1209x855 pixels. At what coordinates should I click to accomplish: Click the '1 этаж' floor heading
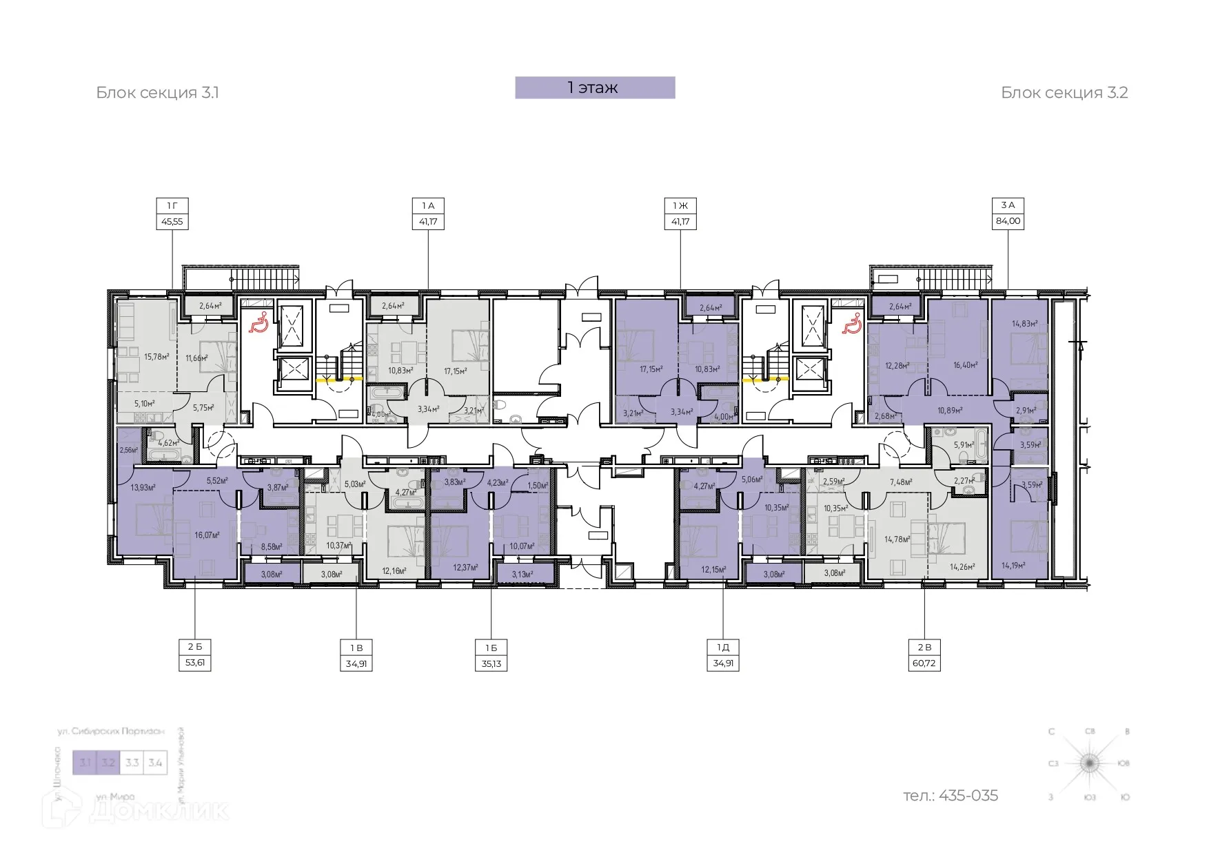[x=594, y=87]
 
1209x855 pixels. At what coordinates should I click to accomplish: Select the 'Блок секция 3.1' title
[x=157, y=93]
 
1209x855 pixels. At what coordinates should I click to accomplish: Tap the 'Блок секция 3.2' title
[x=1064, y=93]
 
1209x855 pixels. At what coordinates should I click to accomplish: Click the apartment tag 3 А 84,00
[x=1008, y=214]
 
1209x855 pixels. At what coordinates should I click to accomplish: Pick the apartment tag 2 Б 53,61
[x=194, y=655]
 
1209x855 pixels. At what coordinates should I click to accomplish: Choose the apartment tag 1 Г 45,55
[x=172, y=214]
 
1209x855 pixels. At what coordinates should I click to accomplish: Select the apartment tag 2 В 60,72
[x=924, y=655]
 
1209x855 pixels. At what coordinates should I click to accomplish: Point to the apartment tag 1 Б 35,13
[x=491, y=655]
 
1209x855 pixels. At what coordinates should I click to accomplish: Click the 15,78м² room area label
[x=156, y=357]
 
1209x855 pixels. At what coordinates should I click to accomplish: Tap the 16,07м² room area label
[x=207, y=535]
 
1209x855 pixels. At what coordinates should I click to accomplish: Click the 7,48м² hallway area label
[x=901, y=482]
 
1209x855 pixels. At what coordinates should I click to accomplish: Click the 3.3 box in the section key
[x=132, y=763]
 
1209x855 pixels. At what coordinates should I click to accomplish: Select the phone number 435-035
[x=951, y=796]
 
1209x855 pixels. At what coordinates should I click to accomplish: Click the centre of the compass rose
[x=1089, y=763]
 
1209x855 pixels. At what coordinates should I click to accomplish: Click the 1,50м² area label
[x=538, y=486]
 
